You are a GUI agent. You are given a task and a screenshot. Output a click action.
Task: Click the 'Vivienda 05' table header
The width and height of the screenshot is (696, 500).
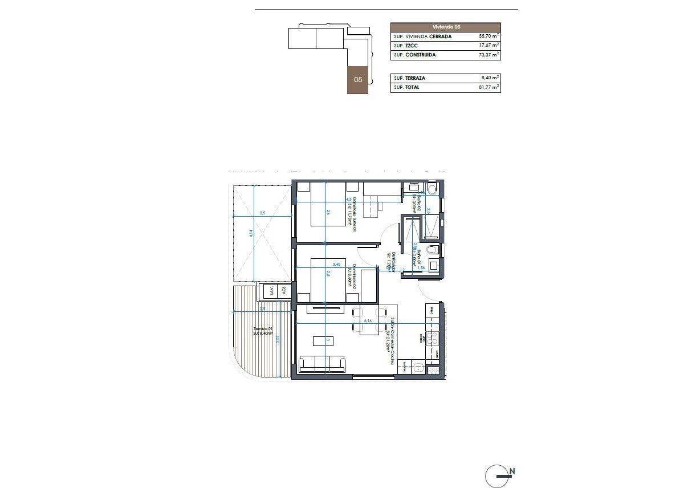point(445,27)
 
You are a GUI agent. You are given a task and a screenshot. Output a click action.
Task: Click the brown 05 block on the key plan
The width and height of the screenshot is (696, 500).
point(358,80)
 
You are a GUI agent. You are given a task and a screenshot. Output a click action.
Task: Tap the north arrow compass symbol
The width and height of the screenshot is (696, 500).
point(496,475)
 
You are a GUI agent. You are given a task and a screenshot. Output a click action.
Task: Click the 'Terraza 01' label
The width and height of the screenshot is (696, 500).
point(263,329)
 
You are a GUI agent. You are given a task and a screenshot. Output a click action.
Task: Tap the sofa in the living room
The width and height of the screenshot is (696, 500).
point(322,364)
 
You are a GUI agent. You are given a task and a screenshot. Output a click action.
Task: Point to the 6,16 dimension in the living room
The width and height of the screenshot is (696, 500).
point(368,321)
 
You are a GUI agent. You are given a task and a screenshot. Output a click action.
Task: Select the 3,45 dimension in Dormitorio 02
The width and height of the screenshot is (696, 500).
point(336,264)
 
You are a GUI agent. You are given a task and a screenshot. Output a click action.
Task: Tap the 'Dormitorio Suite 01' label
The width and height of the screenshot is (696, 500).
point(353,214)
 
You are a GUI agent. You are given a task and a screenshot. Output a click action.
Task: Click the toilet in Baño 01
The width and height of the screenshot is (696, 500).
point(433,250)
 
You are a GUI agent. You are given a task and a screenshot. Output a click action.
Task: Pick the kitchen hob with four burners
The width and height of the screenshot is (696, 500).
point(433,338)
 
